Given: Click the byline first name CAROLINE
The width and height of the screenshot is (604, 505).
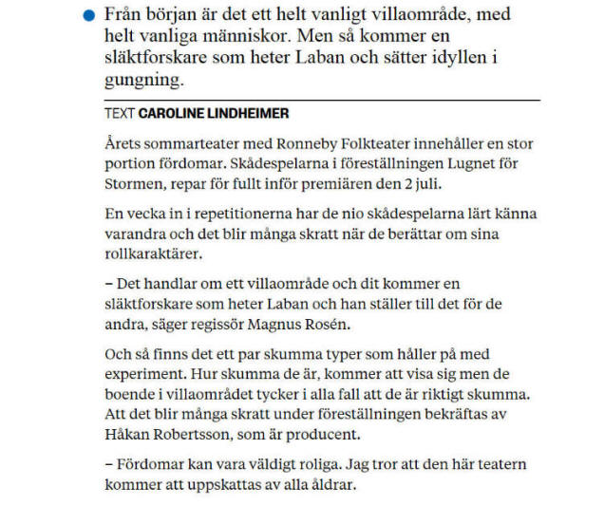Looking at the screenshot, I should pyautogui.click(x=173, y=114).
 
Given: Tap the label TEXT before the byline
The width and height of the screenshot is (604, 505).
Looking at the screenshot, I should pyautogui.click(x=120, y=114).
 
